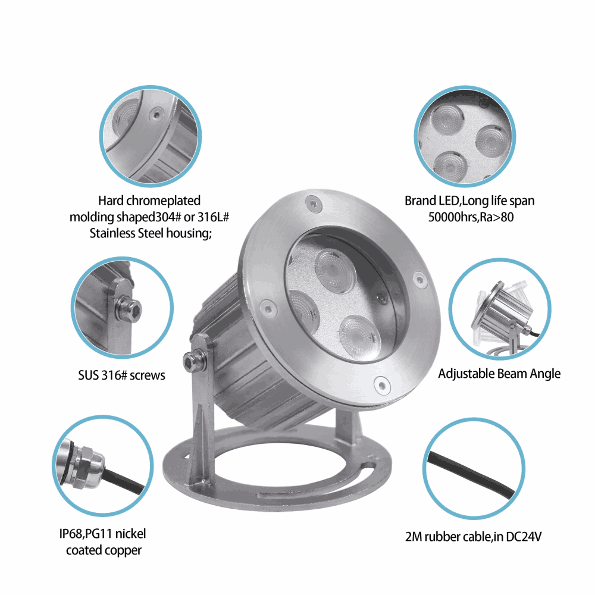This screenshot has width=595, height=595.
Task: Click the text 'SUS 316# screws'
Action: pos(121,375)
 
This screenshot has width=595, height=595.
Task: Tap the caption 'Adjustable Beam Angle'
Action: pos(499,374)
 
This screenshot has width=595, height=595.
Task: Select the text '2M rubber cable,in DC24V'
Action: pos(473,537)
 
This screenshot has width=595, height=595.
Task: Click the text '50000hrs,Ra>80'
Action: pos(471,217)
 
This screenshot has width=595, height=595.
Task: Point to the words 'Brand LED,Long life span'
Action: pos(469,201)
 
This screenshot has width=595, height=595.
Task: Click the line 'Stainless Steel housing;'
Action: pos(151,233)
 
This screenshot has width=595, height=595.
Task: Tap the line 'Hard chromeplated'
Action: pos(149,201)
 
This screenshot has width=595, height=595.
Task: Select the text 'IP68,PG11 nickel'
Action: pos(102,534)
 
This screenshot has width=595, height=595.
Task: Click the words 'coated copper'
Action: pos(104,550)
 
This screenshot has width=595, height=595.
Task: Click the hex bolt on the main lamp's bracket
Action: pos(190,361)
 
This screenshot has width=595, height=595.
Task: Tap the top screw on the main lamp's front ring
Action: pos(314,204)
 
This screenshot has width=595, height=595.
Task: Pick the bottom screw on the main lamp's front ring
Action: pos(382,385)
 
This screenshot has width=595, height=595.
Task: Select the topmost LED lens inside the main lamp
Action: pos(336,271)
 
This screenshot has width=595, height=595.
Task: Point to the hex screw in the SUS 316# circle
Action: pos(129,308)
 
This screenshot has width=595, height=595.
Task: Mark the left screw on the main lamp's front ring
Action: pos(268,306)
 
